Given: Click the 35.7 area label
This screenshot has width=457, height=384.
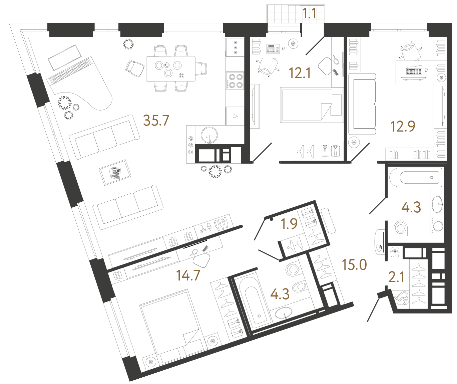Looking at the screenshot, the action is [156, 120].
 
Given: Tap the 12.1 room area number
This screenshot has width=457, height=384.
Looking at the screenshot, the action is [300, 73].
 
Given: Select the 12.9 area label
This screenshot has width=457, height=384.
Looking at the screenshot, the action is [403, 127].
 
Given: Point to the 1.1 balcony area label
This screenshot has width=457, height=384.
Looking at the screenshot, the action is [309, 13].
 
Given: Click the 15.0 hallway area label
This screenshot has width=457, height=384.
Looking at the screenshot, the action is [354, 264].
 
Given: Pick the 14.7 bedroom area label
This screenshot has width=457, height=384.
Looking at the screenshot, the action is [188, 275].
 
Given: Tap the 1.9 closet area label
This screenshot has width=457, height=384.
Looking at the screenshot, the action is [289, 224].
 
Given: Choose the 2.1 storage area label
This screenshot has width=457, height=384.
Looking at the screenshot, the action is [396, 277].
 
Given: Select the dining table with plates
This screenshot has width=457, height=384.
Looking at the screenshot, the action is [171, 69].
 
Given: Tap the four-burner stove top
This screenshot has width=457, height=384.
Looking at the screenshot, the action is [235, 80].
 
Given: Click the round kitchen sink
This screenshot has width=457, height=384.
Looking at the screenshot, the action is [209, 135].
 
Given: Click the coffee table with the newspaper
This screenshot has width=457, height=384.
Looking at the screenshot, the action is [115, 172].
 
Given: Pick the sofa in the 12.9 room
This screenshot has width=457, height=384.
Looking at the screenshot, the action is [362, 104].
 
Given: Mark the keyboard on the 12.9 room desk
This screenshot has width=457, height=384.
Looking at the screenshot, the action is [414, 71].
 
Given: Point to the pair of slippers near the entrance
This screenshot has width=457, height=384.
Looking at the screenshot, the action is [395, 252].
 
